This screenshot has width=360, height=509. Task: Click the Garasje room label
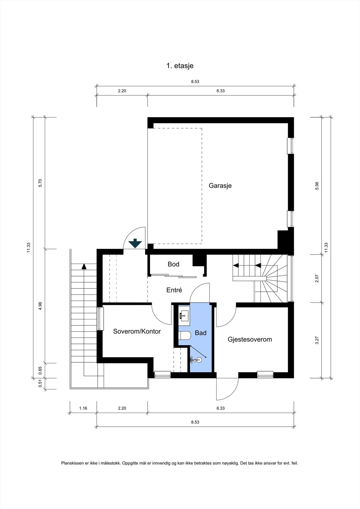click(220, 186)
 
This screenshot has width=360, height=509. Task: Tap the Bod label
click(174, 264)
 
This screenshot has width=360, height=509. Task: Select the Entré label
click(174, 290)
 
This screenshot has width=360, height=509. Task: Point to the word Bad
click(201, 333)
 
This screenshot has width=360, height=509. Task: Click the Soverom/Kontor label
click(137, 331)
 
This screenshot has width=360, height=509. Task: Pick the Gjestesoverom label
click(250, 339)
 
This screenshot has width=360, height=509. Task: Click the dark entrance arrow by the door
click(135, 243)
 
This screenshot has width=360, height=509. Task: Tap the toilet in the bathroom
click(184, 335)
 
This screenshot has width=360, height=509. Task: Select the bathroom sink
click(184, 316)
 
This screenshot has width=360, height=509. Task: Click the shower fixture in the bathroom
click(196, 360)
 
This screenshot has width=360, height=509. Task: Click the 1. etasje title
click(180, 66)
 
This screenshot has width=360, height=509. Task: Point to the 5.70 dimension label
click(40, 183)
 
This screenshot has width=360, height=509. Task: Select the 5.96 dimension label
click(317, 186)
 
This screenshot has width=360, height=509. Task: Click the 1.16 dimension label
click(83, 408)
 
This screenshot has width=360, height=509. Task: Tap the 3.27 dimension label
click(317, 340)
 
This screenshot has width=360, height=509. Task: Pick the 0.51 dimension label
click(40, 384)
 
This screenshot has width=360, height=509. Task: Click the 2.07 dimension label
click(317, 279)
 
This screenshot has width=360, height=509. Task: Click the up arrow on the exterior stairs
click(84, 266)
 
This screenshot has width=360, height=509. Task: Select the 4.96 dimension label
click(40, 306)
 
